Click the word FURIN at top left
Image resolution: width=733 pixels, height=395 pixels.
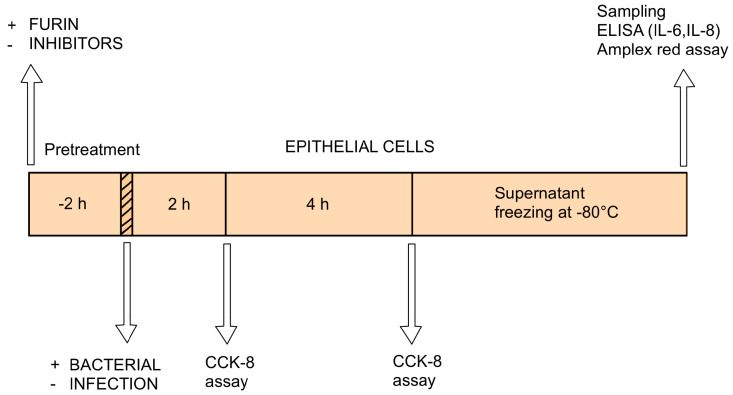(54, 24)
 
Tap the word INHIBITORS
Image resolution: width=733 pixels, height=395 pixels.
(76, 43)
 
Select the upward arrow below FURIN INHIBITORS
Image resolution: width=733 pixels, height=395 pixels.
(31, 115)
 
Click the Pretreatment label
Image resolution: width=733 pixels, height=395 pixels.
(92, 150)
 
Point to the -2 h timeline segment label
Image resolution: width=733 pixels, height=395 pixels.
(72, 204)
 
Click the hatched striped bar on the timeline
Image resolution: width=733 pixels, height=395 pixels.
(126, 204)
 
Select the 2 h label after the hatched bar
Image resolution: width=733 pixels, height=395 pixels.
(179, 204)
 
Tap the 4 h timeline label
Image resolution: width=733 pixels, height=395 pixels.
(317, 204)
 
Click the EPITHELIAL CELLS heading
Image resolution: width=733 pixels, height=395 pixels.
(359, 147)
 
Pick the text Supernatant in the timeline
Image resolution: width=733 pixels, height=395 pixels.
(539, 193)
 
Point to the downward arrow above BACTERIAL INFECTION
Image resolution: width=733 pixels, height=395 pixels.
(126, 293)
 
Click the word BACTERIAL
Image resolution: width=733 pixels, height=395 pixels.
(115, 365)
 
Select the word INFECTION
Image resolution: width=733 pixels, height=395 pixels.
(114, 384)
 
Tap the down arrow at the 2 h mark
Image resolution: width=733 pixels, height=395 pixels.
(226, 294)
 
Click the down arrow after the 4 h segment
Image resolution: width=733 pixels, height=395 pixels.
(411, 294)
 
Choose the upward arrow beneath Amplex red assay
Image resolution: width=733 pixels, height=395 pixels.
(684, 118)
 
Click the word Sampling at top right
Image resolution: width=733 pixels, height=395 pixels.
(631, 11)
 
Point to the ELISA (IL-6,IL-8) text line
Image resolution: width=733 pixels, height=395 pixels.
(659, 30)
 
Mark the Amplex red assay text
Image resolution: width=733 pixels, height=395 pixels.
(662, 50)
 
